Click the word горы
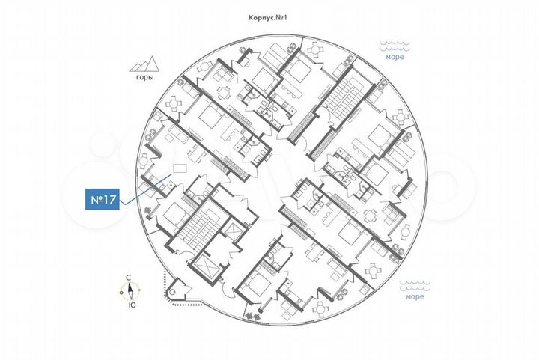(146, 78)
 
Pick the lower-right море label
(415, 296)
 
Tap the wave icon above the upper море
(397, 45)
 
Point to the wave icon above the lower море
(415, 285)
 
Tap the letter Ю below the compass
(131, 305)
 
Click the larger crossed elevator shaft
(204, 264)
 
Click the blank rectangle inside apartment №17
(180, 167)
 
